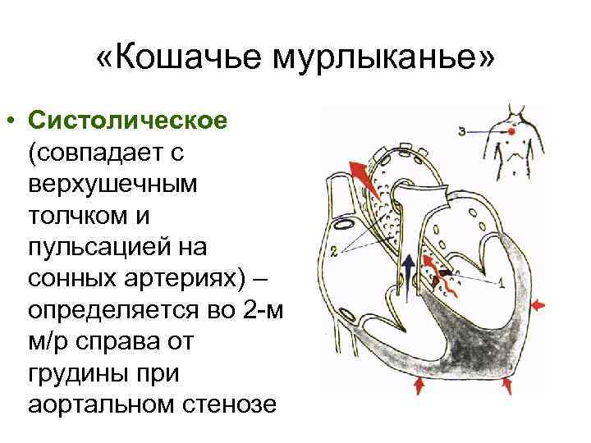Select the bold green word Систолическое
pyautogui.click(x=127, y=121)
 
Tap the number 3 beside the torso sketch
pyautogui.click(x=464, y=130)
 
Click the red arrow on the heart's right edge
pyautogui.click(x=539, y=305)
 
